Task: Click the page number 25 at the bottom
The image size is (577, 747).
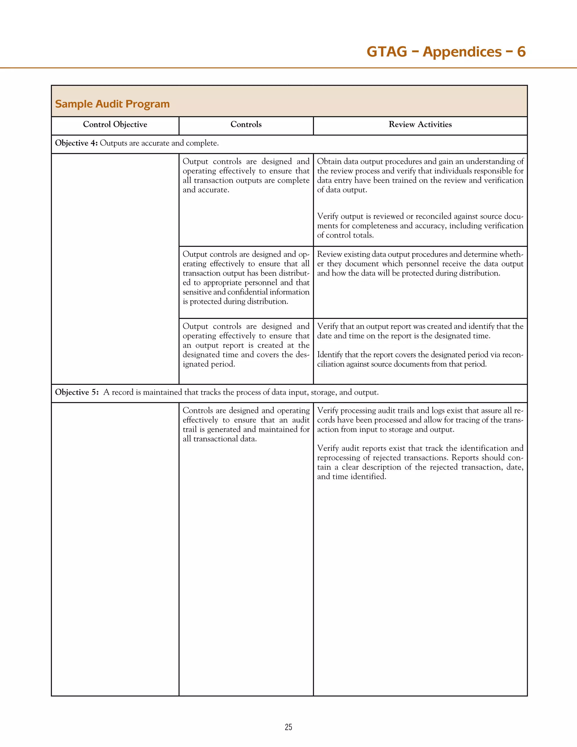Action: tap(288, 727)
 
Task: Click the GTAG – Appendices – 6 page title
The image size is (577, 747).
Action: tap(446, 52)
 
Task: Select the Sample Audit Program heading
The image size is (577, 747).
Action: tap(112, 104)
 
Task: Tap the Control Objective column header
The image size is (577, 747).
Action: tap(115, 125)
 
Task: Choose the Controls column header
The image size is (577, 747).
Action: tap(246, 125)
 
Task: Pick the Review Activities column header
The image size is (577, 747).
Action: tap(420, 125)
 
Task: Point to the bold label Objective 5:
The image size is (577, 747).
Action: tap(77, 392)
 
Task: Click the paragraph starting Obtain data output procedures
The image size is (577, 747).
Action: tap(420, 175)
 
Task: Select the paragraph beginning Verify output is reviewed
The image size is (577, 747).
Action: tap(420, 226)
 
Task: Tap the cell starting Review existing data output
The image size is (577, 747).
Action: tap(420, 264)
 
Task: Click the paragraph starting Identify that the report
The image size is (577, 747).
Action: tap(420, 359)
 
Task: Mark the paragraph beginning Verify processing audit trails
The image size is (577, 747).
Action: tap(420, 420)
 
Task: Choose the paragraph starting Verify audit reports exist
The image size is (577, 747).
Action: tap(420, 462)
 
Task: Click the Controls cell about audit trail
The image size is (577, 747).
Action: tap(246, 425)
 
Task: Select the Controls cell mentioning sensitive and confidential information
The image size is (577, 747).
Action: tap(246, 278)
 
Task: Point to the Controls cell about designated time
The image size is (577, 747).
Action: tap(246, 345)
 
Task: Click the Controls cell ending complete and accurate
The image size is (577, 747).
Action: tap(246, 175)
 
